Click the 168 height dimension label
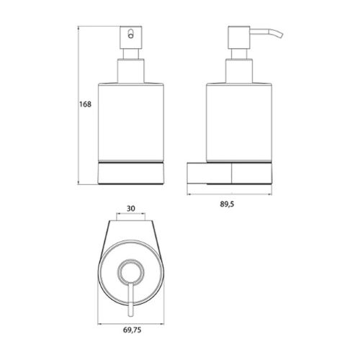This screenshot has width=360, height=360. coord(86,104)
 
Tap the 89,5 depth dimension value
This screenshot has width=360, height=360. coord(227,204)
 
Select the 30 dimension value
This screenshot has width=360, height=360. coord(131,209)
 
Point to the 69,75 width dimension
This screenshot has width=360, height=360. coord(132,330)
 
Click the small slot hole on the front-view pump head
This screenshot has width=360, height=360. coord(130,34)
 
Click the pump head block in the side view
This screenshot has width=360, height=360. coord(239,37)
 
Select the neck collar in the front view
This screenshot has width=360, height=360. coord(131,71)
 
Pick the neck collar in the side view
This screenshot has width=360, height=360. coord(239,71)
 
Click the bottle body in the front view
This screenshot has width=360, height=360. coord(131,122)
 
